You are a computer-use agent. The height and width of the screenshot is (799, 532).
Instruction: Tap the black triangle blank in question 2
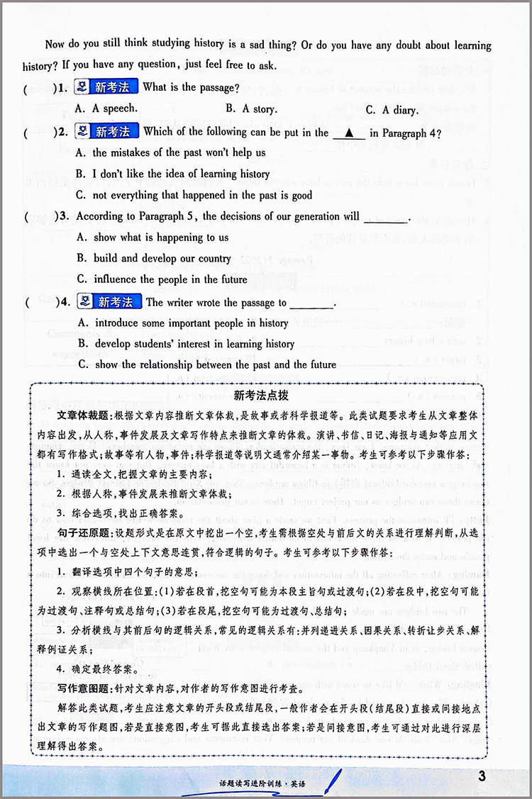pos(348,133)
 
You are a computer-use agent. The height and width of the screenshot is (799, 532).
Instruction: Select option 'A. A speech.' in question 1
pos(106,109)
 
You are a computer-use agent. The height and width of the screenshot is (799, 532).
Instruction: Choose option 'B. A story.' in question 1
pos(251,109)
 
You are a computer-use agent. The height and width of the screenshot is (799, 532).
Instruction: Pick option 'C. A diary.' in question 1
pos(392,110)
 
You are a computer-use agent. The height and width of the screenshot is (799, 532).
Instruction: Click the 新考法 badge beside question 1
pos(106,87)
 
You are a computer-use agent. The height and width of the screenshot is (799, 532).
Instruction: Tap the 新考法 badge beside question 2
pos(106,131)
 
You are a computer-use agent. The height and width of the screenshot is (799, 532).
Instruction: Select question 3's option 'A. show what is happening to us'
pos(152,238)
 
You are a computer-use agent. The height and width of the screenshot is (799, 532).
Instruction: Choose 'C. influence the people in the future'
pos(162,279)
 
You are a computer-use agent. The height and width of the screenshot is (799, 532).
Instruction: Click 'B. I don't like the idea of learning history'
pos(172,174)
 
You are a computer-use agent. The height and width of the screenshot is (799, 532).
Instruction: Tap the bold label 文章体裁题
pos(79,413)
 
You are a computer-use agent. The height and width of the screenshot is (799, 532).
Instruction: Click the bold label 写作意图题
pos(79,687)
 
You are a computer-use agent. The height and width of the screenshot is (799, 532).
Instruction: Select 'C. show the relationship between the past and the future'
pos(205,364)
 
